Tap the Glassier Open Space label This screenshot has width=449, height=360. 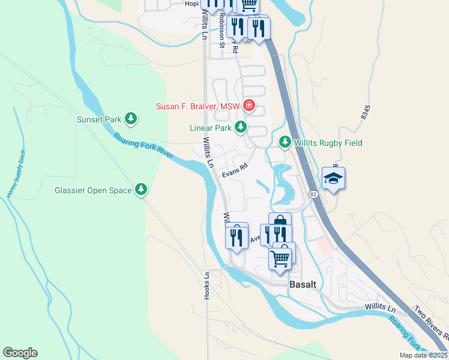pos(92,190)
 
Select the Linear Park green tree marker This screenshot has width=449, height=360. pos(241,127)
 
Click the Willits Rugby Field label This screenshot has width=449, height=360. pos(328,143)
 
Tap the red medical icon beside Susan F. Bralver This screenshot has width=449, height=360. pos(248,107)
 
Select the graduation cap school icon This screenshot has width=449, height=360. pos(333,179)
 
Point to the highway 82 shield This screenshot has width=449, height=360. pos(313,194)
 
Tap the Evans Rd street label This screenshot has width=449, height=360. pos(235,171)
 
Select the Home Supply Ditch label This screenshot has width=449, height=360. pos(17,173)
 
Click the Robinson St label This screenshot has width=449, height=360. pos(221,30)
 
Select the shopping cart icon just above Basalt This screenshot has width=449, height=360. pos(280,259)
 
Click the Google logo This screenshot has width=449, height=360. pos(20,353)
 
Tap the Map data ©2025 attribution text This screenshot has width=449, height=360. pos(423,355)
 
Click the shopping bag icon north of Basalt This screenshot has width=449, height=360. pos(280,223)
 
